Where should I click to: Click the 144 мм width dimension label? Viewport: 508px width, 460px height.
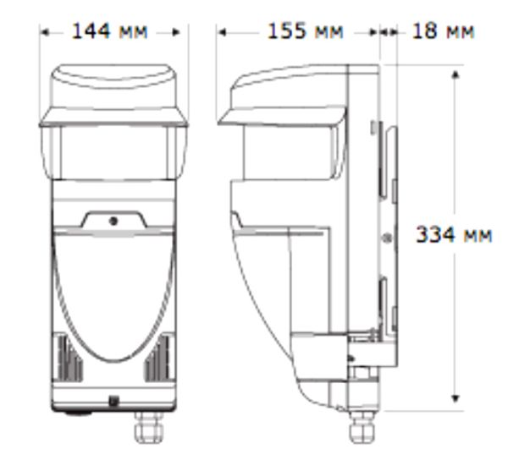[x=109, y=32]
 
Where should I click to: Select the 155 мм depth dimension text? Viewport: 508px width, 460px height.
[x=306, y=32]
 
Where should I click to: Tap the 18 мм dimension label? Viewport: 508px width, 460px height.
[x=443, y=32]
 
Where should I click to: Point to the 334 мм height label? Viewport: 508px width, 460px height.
[x=453, y=234]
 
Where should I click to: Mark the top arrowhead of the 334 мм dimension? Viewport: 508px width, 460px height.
[x=456, y=74]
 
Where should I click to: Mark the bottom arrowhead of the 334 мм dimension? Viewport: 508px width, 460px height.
[x=456, y=397]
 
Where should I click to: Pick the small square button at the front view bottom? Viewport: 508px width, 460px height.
[x=113, y=402]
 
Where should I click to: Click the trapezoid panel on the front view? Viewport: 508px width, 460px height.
[x=113, y=219]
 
